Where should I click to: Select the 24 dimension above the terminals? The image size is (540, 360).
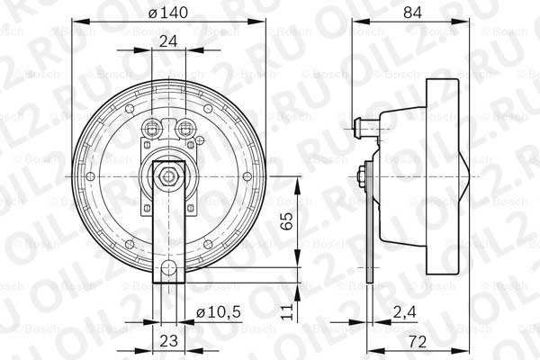(167, 40)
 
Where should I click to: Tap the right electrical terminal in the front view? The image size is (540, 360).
(186, 126)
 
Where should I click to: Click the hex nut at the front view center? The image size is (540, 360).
(168, 175)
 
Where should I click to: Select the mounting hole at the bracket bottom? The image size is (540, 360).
(168, 267)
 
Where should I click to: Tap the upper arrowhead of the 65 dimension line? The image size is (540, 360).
(297, 181)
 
